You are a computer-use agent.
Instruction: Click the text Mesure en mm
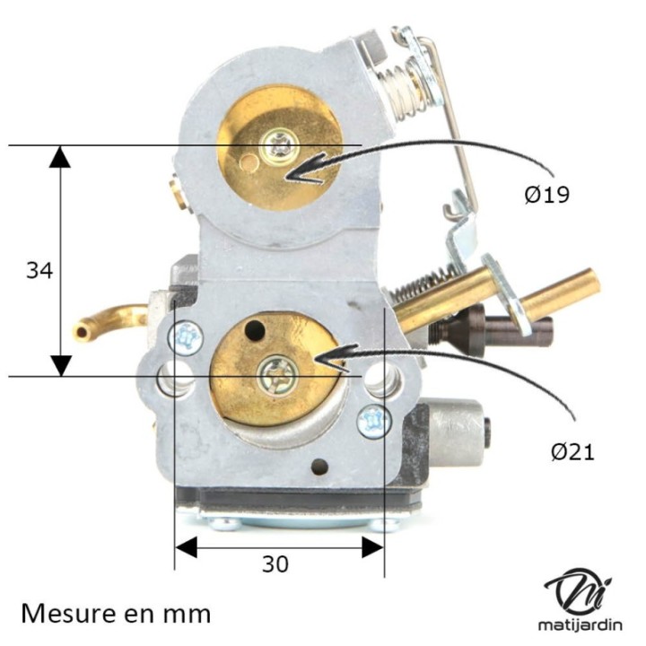coord(116,614)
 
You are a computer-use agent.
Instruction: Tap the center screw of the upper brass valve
coord(281,144)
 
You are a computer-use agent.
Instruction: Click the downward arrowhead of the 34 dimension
coord(60,364)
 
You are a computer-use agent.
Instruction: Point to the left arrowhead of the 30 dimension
coord(185,546)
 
